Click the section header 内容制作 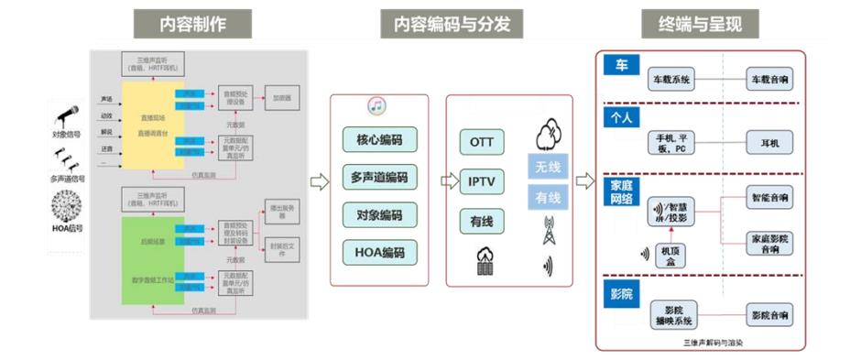coord(192,25)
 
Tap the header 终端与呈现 coord(702,25)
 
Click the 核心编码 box coord(379,140)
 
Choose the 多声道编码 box coord(379,178)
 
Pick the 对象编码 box coord(379,214)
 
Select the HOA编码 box coord(379,252)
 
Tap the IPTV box coord(481,181)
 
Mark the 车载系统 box coord(672,80)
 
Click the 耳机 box coord(769,144)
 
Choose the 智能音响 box coord(770,197)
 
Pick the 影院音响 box coord(770,314)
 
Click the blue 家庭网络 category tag coord(622,191)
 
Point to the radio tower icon coord(549,229)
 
